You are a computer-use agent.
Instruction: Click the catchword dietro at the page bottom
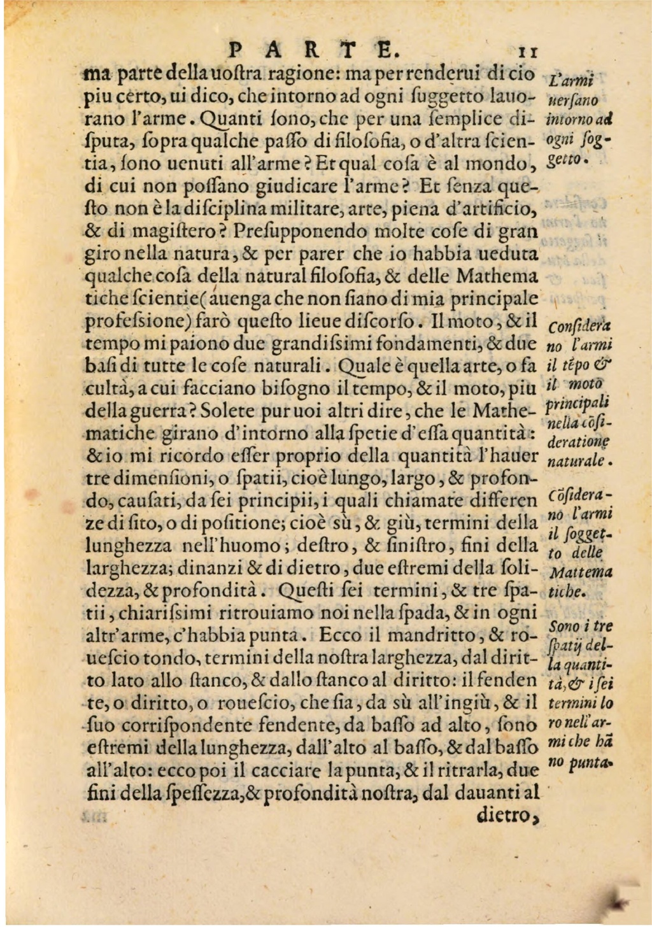pos(507,815)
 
